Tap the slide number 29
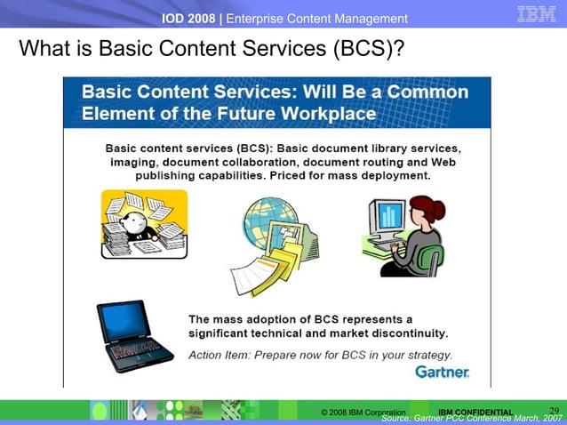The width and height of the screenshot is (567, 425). click(x=554, y=410)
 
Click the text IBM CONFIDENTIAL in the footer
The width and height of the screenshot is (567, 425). click(x=475, y=413)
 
